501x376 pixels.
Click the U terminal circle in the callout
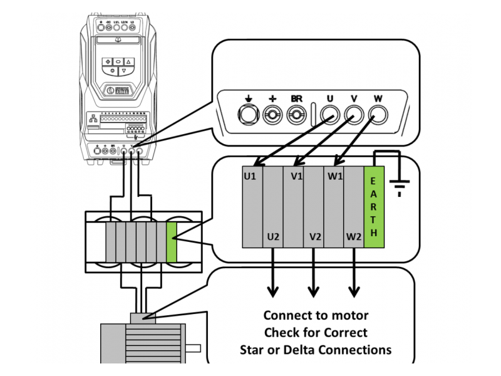(x=330, y=115)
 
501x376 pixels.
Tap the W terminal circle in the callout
(x=378, y=115)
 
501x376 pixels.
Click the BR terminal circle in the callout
(x=296, y=115)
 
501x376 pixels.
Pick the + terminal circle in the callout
(x=272, y=115)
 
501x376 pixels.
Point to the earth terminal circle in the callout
(x=249, y=115)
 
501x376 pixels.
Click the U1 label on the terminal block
(x=250, y=176)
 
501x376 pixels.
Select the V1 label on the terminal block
(x=297, y=176)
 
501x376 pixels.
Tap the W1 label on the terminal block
(x=335, y=176)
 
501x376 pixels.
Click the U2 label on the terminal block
(x=273, y=237)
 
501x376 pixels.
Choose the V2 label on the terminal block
(x=316, y=237)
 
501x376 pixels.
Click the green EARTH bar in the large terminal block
(x=374, y=207)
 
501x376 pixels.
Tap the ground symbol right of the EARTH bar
(x=399, y=185)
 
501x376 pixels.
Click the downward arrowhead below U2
(x=273, y=291)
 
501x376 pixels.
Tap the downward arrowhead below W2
(x=354, y=291)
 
